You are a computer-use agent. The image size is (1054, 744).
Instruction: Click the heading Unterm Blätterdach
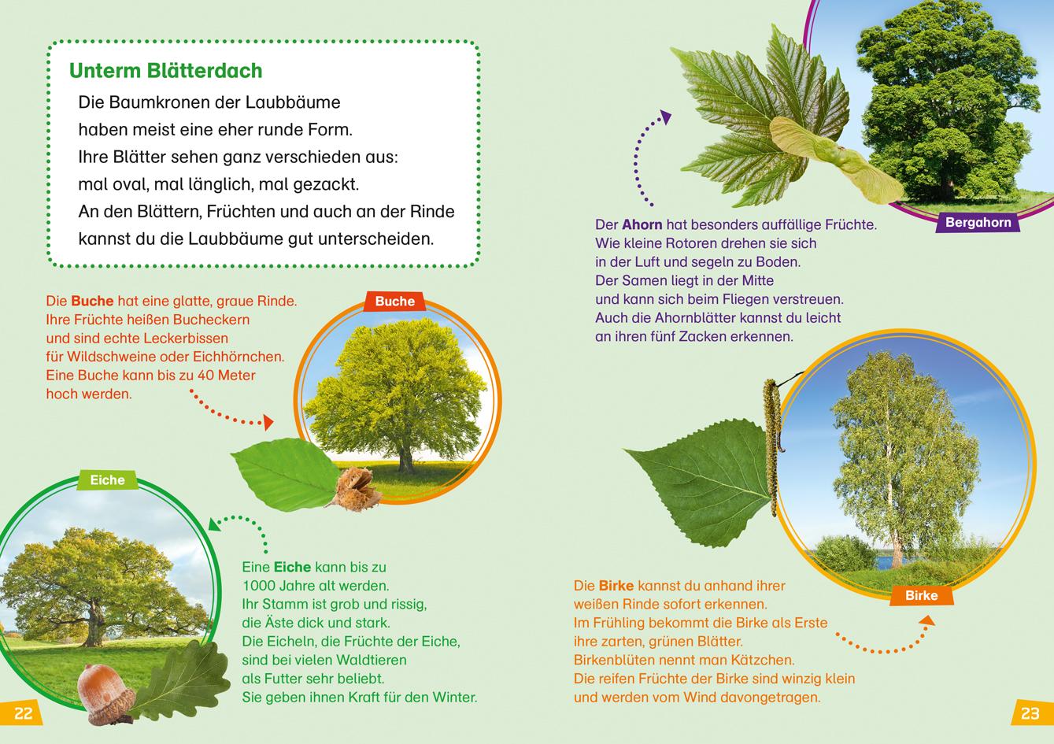[165, 71]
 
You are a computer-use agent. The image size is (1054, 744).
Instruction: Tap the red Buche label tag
[394, 302]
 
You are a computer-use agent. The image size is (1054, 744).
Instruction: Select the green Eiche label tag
[107, 479]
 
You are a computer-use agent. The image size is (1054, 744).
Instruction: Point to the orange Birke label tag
[921, 595]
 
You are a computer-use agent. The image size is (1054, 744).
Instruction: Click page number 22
[23, 713]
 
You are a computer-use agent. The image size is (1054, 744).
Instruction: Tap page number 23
[1030, 713]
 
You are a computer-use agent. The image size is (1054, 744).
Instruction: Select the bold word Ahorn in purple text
[642, 224]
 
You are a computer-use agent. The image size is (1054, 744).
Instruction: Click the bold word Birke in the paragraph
[616, 586]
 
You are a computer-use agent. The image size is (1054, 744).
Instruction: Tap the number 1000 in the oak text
[261, 586]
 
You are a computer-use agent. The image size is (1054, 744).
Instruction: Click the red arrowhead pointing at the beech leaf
[268, 424]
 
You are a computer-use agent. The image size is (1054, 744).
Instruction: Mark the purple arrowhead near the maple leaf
[666, 118]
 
